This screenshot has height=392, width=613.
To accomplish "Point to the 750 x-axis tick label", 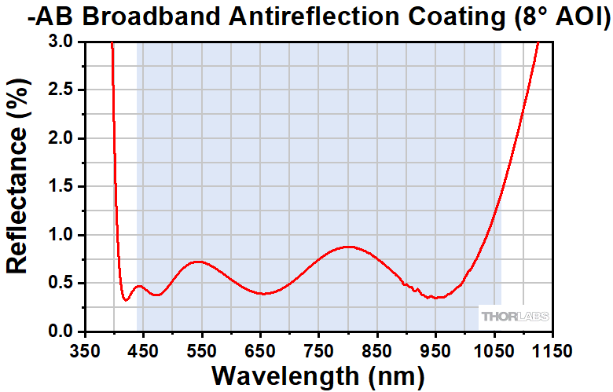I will coord(319,349).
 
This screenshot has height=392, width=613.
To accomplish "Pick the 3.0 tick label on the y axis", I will coord(58,42).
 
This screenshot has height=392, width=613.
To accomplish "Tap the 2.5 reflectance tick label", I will coord(58,90).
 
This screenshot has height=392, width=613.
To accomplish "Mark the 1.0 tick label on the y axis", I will coord(58,235).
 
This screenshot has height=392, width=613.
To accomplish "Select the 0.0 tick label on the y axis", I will coord(58,331).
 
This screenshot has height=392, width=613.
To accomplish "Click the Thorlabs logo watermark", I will coord(514,317).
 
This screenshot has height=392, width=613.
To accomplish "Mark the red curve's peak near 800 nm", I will coord(347,247).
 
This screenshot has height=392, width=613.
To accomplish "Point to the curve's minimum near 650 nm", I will coord(266,294).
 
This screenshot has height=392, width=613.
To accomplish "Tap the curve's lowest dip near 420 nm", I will coord(126,299).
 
